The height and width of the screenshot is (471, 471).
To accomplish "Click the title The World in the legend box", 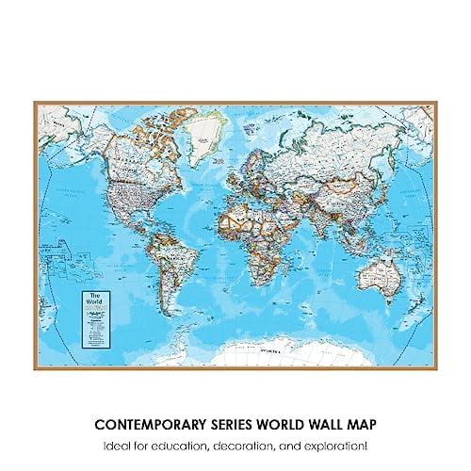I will (x=91, y=299).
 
